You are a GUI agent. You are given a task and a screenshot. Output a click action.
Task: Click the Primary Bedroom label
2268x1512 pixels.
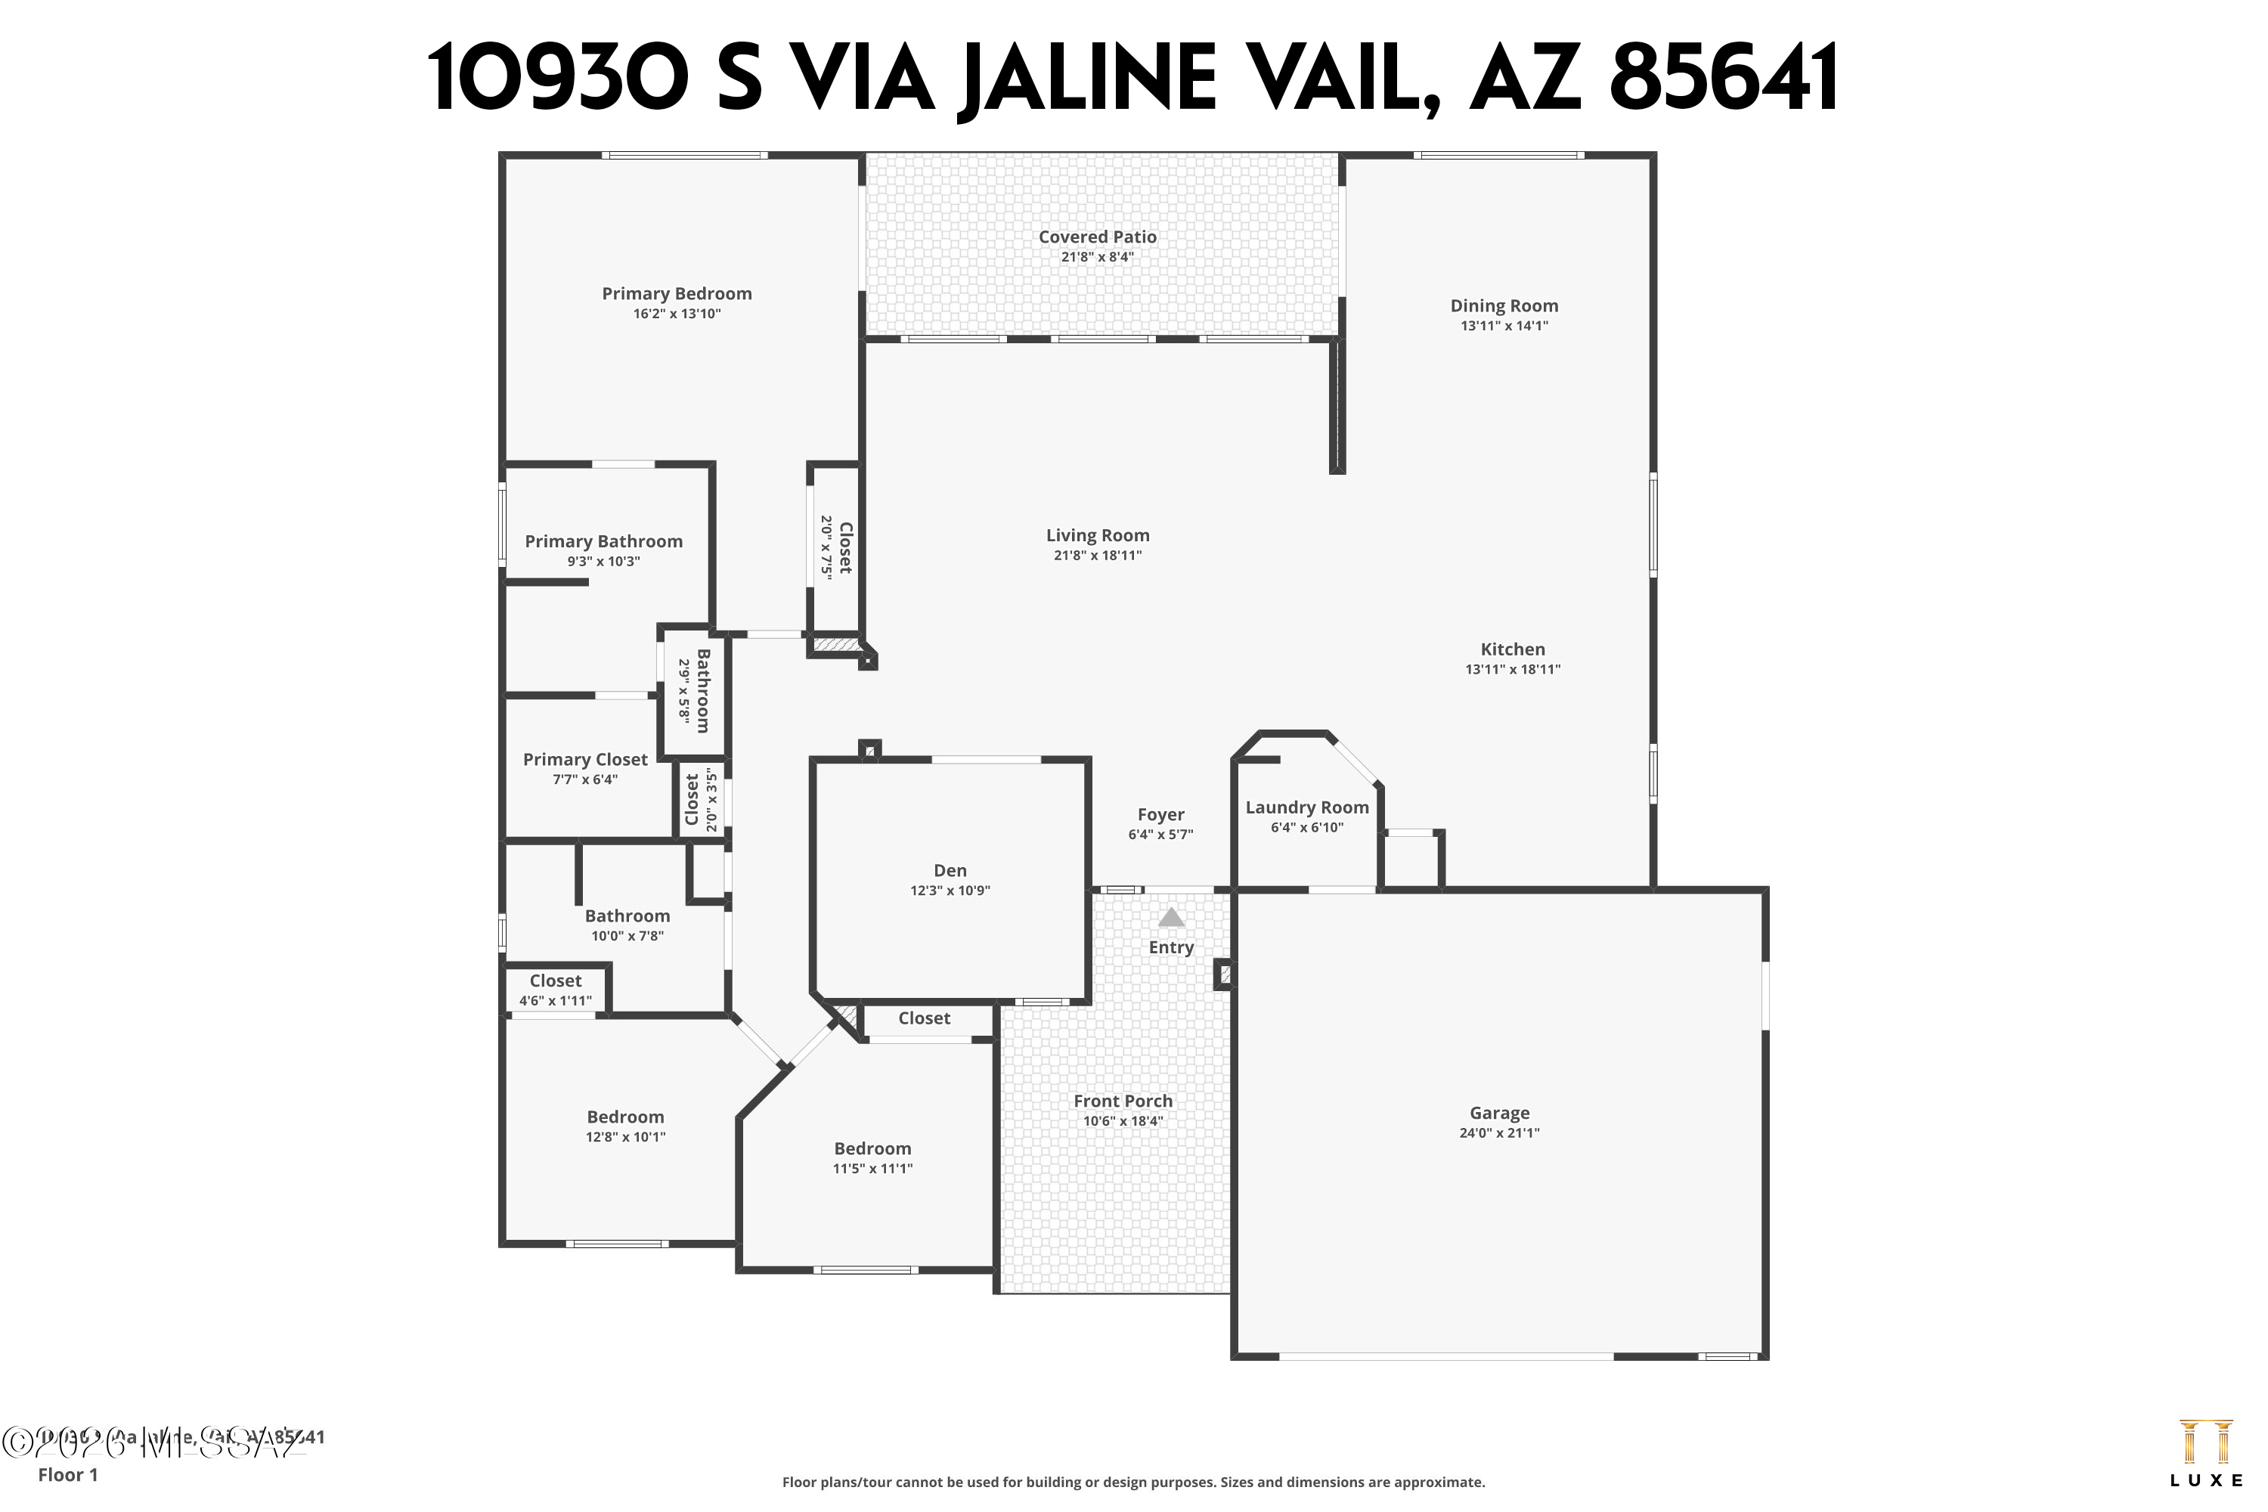click(x=676, y=294)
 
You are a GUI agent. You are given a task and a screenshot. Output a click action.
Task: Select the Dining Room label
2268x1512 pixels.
click(x=1504, y=305)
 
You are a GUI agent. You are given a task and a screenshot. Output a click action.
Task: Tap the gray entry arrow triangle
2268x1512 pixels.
click(x=1170, y=917)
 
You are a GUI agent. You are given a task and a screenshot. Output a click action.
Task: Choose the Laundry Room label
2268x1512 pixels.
click(x=1306, y=808)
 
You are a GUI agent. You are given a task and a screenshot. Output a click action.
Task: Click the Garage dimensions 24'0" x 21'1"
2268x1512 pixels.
click(x=1498, y=1133)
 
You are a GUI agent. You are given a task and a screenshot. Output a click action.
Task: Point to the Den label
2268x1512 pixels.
click(x=950, y=871)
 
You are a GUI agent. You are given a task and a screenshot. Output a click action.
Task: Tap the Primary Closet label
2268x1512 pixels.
click(x=584, y=760)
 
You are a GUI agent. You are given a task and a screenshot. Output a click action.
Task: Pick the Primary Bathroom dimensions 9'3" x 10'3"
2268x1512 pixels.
click(x=603, y=561)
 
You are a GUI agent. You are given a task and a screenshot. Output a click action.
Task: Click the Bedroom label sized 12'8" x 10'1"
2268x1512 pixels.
click(x=625, y=1117)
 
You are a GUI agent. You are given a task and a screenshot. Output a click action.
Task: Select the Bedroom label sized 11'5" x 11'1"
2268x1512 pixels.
click(x=872, y=1148)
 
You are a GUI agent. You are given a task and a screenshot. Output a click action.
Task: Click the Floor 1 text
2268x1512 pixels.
click(x=67, y=1474)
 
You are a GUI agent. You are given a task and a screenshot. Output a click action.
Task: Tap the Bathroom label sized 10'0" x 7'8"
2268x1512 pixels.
click(x=627, y=916)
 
